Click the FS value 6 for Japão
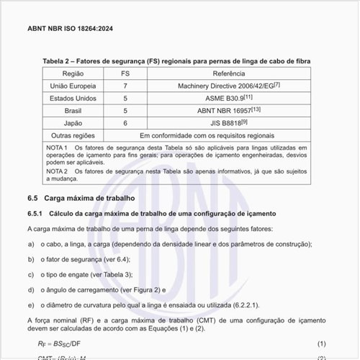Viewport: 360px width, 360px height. point(125,123)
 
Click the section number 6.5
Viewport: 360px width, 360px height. point(32,197)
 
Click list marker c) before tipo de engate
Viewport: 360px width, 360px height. point(31,274)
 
